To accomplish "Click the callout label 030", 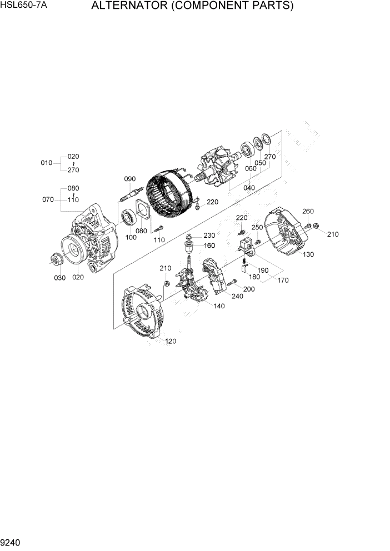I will (x=59, y=278).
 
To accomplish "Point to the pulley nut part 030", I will (x=56, y=258).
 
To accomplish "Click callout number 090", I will (x=129, y=179).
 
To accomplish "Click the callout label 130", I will (x=309, y=254).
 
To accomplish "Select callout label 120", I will (x=171, y=341).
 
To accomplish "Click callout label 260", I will (x=308, y=211).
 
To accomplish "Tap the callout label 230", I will (x=209, y=236).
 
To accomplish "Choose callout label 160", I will (x=209, y=246).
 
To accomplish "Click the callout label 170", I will (x=283, y=280).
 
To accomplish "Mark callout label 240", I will (x=237, y=296).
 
